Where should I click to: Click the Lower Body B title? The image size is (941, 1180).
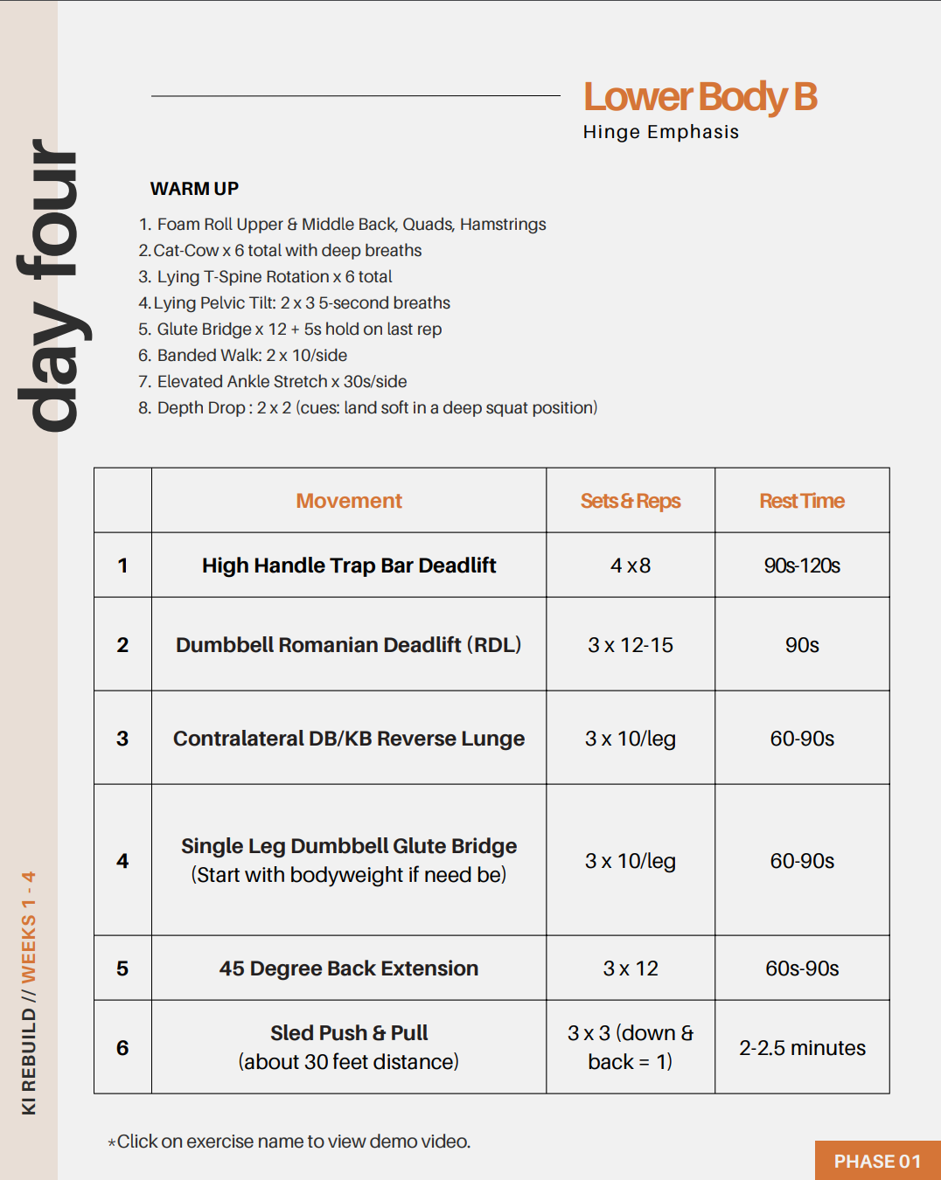tap(700, 97)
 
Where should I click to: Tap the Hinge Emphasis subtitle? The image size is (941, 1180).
tap(660, 132)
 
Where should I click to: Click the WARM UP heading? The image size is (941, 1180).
tap(194, 189)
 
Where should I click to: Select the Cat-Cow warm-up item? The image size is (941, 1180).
tap(280, 251)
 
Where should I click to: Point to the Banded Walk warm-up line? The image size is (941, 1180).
tap(243, 356)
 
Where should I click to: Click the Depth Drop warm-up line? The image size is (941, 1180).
tap(367, 408)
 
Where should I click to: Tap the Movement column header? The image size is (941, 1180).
tap(348, 501)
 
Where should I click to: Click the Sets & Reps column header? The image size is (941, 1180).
tap(630, 501)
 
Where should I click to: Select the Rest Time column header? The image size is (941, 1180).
tap(801, 501)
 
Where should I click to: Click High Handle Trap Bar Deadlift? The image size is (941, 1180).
tap(348, 566)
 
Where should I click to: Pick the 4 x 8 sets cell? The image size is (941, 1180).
tap(630, 566)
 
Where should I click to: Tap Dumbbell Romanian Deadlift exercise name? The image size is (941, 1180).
tap(348, 645)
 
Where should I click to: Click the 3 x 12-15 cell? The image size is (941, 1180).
tap(630, 645)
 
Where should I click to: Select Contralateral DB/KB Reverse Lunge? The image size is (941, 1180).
tap(348, 739)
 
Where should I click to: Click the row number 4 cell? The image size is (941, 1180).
tap(122, 861)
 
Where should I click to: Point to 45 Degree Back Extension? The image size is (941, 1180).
tap(348, 968)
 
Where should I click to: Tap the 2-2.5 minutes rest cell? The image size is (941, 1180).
tap(801, 1048)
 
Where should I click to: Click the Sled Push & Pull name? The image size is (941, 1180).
tap(348, 1033)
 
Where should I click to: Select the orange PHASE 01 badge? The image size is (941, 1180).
tap(877, 1161)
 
